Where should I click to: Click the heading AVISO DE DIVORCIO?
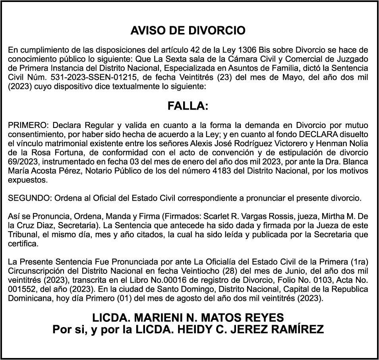pyautogui.click(x=188, y=31)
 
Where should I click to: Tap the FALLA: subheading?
pyautogui.click(x=188, y=106)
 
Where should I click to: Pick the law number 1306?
pyautogui.click(x=248, y=50)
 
